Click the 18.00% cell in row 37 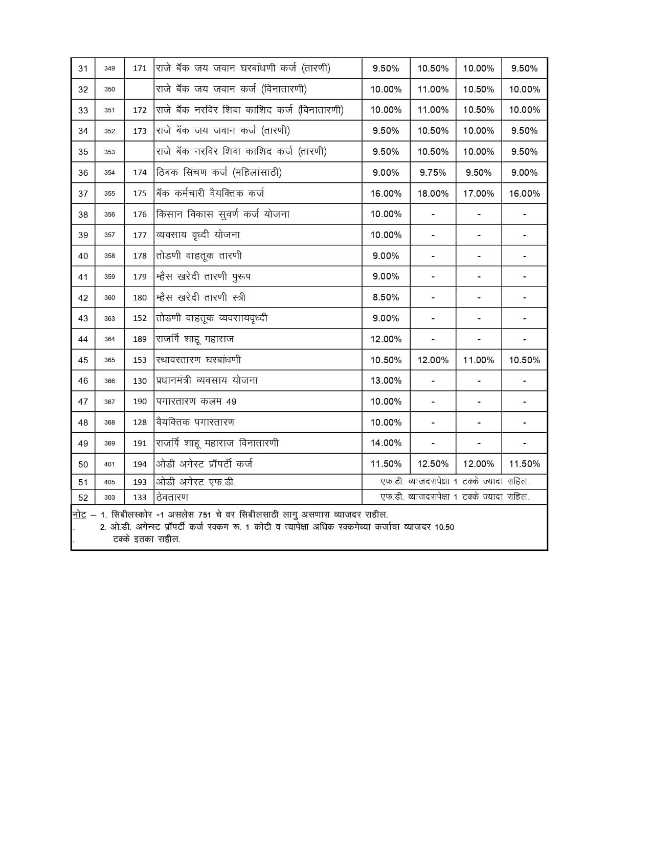tap(433, 194)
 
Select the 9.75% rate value tap(433, 173)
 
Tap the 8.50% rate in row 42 tap(386, 297)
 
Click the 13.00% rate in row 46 tap(386, 381)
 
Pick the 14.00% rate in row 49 tap(386, 443)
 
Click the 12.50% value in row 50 tap(433, 464)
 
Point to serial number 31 tap(83, 68)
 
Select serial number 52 tap(83, 498)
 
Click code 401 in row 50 tap(109, 464)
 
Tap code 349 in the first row tap(109, 68)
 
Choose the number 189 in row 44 tap(140, 339)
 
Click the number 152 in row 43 tap(140, 318)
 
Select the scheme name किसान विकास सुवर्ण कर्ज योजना tap(222, 214)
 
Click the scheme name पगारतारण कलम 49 tap(196, 402)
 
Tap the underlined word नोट tap(79, 514)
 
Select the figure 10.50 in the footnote tap(444, 527)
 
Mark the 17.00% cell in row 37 tap(478, 194)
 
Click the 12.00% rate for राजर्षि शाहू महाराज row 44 tap(386, 339)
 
